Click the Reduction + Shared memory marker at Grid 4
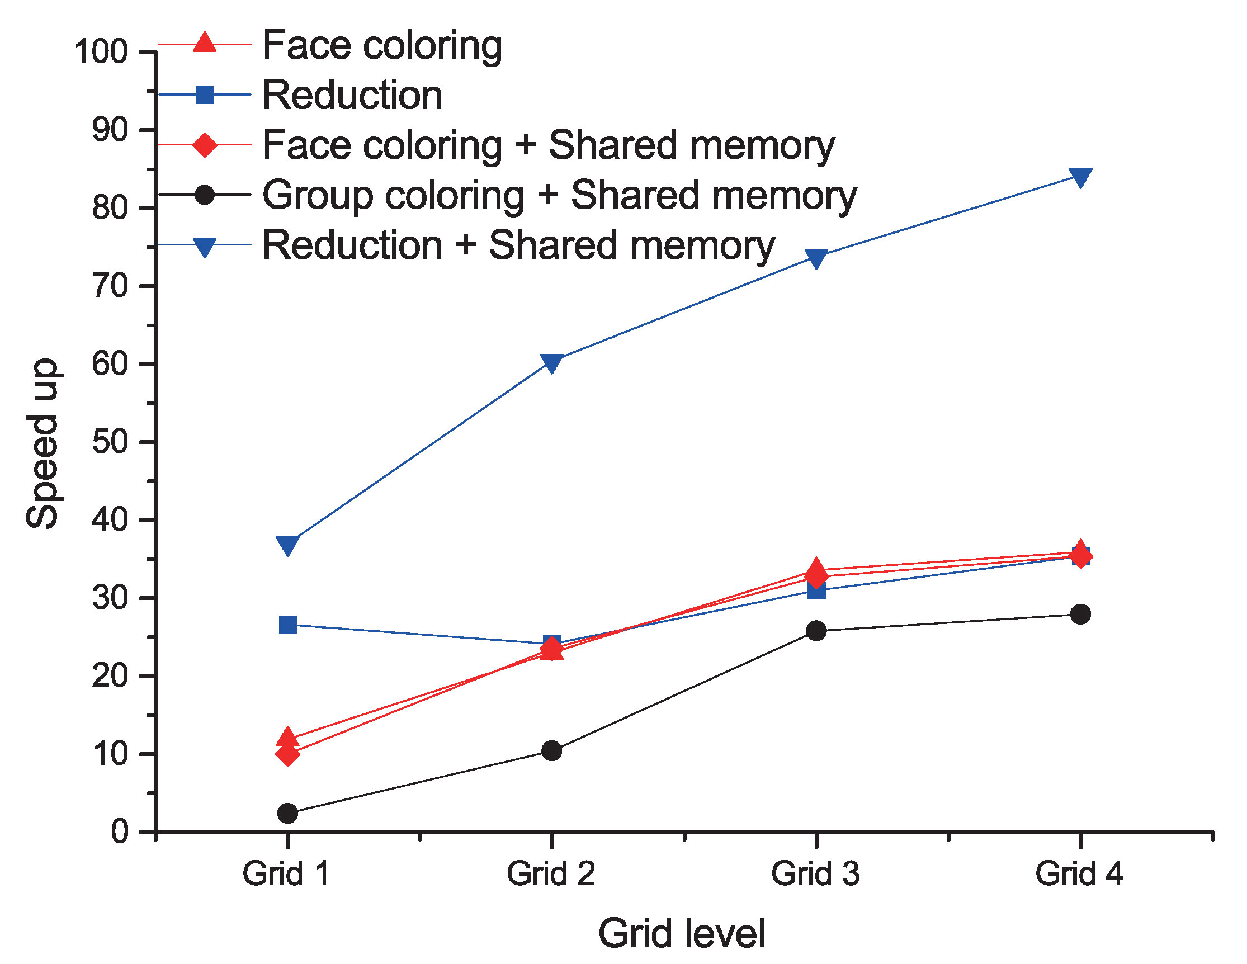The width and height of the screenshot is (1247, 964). point(1081,177)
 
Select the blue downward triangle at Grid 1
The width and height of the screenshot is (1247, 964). point(288,545)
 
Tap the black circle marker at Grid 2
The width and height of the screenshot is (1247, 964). point(551,750)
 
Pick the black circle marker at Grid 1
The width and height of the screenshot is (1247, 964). point(288,812)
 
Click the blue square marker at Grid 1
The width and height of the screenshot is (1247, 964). point(288,625)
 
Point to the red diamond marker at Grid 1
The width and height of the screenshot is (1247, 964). point(288,754)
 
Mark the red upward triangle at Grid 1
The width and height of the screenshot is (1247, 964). point(288,738)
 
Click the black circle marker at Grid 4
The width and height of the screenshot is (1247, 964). point(1081,615)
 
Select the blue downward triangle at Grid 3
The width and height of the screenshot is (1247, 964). point(816,258)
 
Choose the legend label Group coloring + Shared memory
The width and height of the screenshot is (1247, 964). point(559,195)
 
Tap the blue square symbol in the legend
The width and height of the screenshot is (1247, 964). point(205,94)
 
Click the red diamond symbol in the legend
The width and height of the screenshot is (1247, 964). point(205,144)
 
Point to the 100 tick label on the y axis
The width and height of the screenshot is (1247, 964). point(101,52)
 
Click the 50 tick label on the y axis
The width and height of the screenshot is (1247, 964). point(110,442)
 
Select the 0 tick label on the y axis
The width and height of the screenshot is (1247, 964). point(119,832)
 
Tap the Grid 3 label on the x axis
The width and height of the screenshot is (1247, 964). point(815,874)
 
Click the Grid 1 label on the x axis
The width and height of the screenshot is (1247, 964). point(287,874)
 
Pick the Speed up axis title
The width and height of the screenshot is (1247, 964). point(42,443)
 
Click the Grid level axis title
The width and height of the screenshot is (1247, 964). point(681,933)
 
